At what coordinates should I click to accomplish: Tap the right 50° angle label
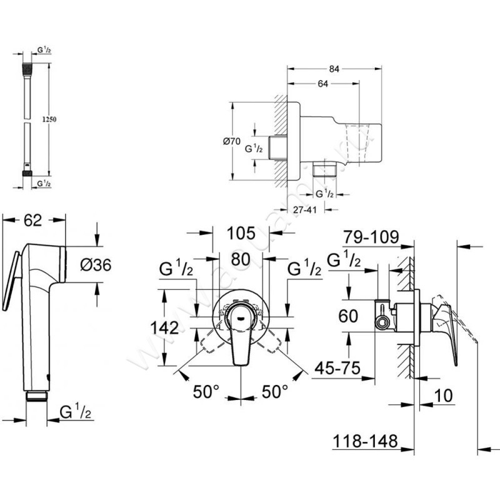click(274, 391)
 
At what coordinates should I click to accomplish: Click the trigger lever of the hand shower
click(9, 281)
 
